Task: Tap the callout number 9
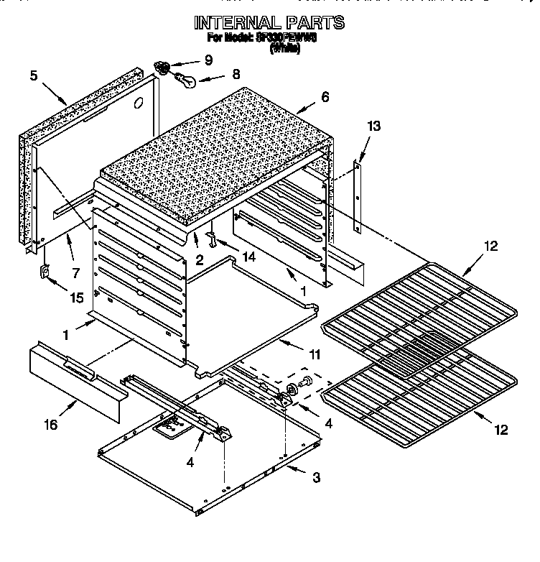click(208, 59)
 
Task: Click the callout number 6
click(325, 96)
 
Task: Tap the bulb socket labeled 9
click(164, 68)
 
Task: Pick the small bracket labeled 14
click(213, 236)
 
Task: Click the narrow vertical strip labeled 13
click(357, 195)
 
